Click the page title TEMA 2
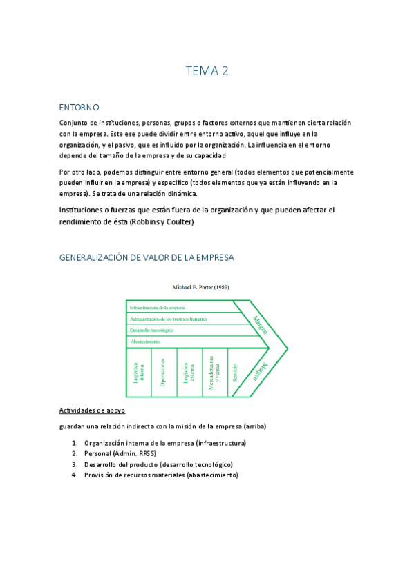(x=207, y=70)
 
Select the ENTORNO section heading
(x=79, y=108)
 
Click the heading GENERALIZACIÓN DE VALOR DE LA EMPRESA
(x=147, y=257)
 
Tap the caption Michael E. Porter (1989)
(x=206, y=286)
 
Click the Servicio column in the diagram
(x=236, y=373)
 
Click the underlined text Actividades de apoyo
(x=92, y=410)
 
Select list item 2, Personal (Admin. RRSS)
(x=120, y=453)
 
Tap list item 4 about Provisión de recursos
(x=160, y=475)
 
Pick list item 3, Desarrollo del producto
(x=158, y=464)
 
